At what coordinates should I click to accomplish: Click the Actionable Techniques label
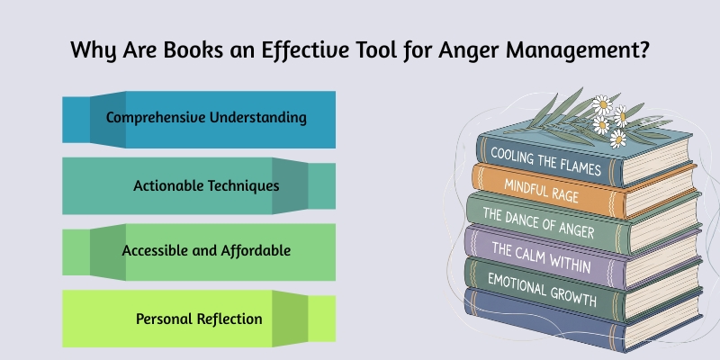point(206,185)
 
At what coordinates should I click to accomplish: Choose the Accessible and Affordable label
point(206,250)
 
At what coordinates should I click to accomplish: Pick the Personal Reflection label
point(199,318)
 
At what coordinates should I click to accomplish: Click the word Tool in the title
point(363,50)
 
